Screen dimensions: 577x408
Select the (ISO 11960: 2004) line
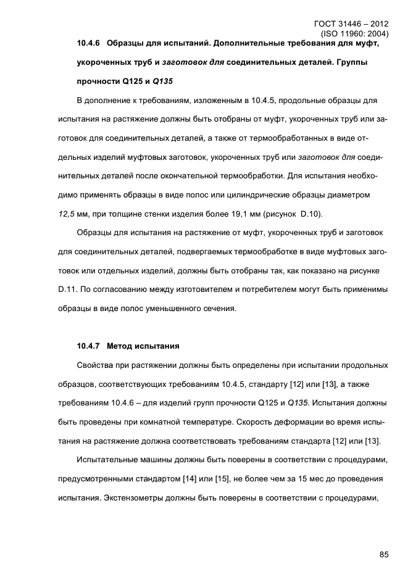352,35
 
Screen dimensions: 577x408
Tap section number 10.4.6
89,44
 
